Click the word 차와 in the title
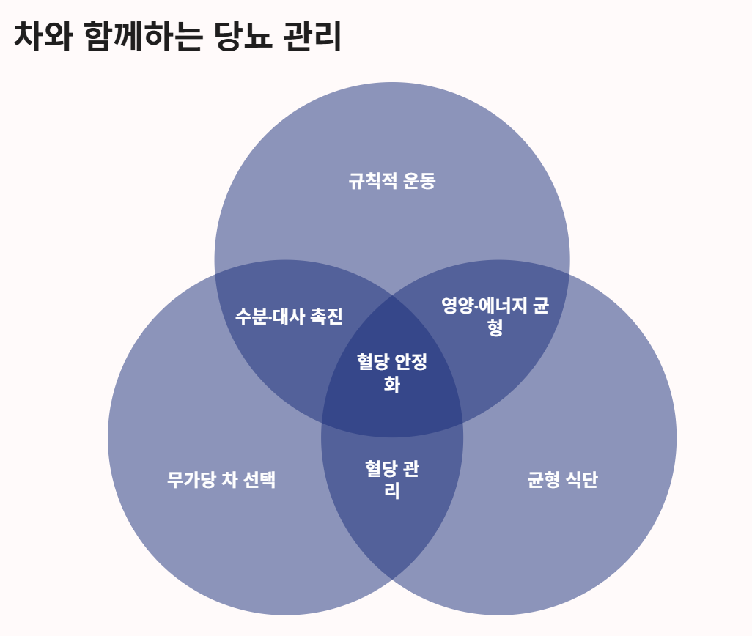tap(43, 37)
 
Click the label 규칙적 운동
tap(392, 181)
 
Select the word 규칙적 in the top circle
tap(371, 181)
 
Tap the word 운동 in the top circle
tap(419, 181)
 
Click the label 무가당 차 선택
tap(221, 481)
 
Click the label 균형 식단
tap(563, 481)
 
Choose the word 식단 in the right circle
tap(581, 481)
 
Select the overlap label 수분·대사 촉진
tap(289, 317)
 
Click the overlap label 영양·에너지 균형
tap(495, 316)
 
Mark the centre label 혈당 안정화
tap(392, 372)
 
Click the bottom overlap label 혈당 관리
tap(392, 479)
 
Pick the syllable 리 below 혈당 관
tap(392, 491)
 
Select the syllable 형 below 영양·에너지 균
tap(495, 328)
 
